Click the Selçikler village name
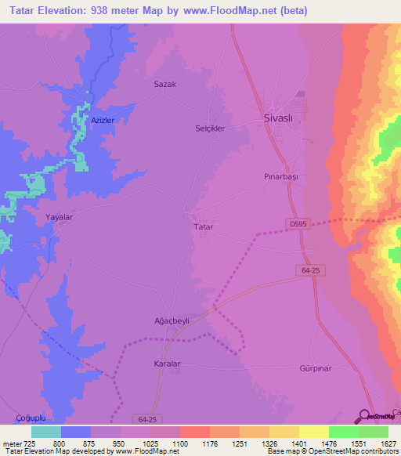[x=210, y=127]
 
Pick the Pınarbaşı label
[x=281, y=177]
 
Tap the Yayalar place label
[x=60, y=219]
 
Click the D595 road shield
[x=298, y=224]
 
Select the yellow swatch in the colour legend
[x=314, y=432]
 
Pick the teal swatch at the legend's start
[x=45, y=432]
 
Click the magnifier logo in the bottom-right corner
[x=364, y=416]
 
